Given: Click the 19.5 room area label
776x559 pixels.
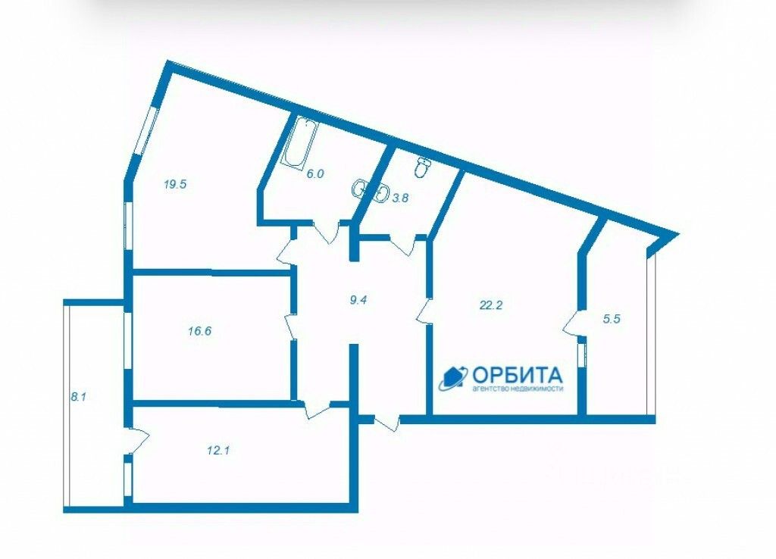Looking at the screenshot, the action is click(x=175, y=183).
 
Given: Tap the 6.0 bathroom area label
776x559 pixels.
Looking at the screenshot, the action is click(x=315, y=173).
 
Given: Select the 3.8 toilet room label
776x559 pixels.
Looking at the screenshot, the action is click(x=400, y=198).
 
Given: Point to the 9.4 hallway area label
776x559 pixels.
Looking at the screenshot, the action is click(x=358, y=299).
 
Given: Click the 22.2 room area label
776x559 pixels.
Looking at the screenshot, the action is click(x=491, y=306).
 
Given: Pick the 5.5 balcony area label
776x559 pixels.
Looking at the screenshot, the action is click(x=612, y=319).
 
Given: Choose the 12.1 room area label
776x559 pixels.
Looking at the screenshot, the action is click(x=217, y=450).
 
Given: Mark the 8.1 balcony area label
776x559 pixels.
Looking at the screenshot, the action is click(x=78, y=395).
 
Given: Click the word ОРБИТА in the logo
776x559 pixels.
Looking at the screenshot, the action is click(x=518, y=374).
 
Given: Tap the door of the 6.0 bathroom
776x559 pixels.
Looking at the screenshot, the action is click(x=326, y=232).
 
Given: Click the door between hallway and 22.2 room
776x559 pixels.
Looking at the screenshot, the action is click(x=424, y=311).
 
